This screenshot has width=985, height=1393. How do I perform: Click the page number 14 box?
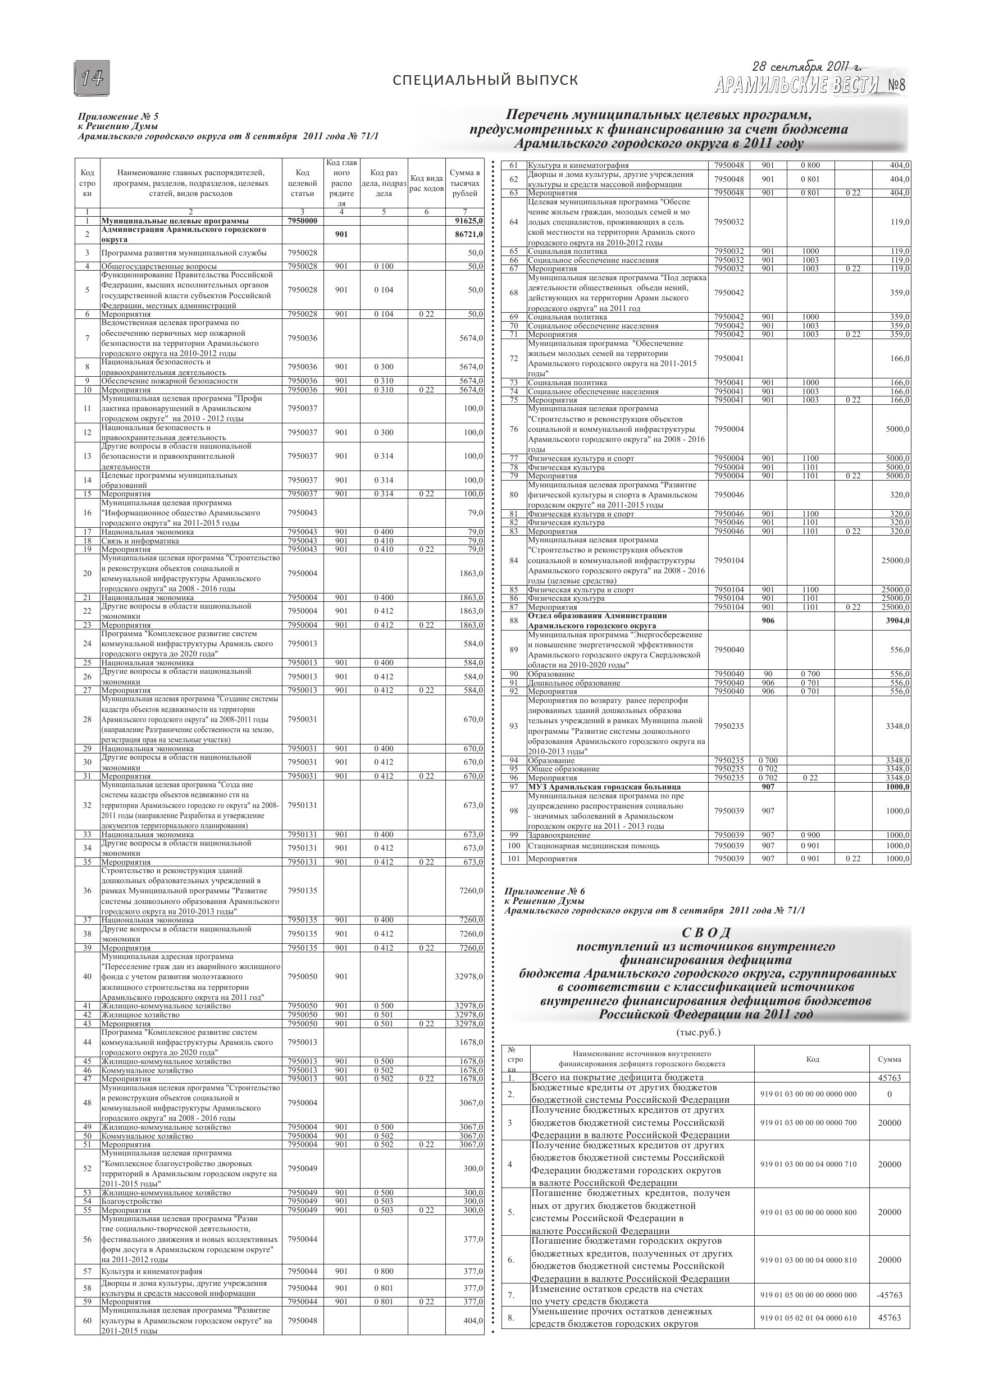click(93, 78)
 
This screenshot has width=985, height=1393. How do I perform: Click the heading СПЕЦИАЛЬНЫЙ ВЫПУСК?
click(485, 80)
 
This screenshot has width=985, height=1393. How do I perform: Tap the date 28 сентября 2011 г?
click(806, 67)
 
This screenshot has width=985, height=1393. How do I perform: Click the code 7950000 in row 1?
click(302, 221)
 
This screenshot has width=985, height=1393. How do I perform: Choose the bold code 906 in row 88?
click(768, 620)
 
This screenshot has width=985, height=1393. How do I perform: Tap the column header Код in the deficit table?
click(812, 1059)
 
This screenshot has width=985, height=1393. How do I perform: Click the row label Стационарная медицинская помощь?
click(593, 846)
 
